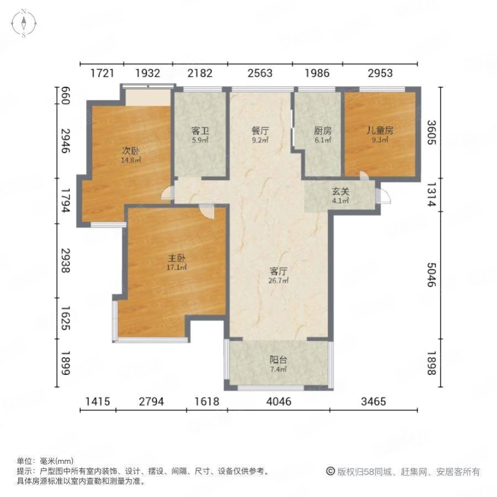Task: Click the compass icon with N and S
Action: (x=24, y=23)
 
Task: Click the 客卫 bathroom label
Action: (x=199, y=131)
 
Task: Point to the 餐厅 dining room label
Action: (x=260, y=131)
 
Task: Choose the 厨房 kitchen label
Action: (x=322, y=131)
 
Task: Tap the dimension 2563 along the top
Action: (x=260, y=73)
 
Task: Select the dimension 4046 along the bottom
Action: (x=278, y=401)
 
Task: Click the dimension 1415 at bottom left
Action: (x=98, y=401)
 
